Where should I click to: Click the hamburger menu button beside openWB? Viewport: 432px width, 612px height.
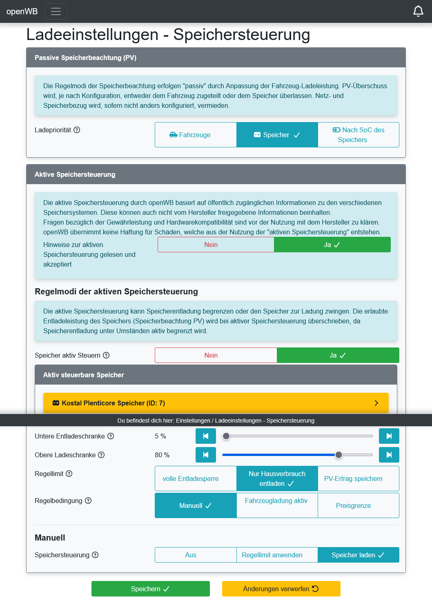(x=56, y=11)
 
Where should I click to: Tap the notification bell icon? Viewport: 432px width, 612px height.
(x=418, y=11)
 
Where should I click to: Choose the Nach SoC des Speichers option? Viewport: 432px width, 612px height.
(x=358, y=135)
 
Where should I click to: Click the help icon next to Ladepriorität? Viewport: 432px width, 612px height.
(x=77, y=130)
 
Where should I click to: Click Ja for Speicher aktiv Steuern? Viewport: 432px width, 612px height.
(x=338, y=355)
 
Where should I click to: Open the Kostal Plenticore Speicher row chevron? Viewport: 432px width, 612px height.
(x=376, y=403)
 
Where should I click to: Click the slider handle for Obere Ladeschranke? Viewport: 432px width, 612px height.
(x=338, y=455)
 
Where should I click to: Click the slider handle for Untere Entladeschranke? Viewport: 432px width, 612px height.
(x=226, y=436)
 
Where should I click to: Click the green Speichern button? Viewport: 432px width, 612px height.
(x=150, y=589)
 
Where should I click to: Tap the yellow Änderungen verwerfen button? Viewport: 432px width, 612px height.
(x=281, y=589)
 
